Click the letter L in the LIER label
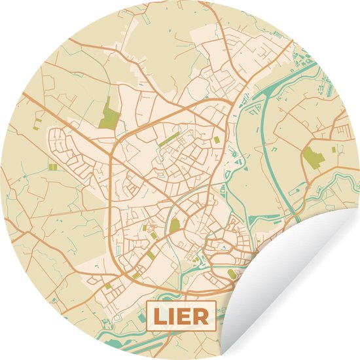coord(159,317)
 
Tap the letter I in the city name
coord(171,317)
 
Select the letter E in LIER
coord(185,317)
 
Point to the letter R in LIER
coord(200,317)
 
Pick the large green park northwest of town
coord(110,116)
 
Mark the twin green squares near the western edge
coord(52,167)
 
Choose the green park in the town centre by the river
coord(175,225)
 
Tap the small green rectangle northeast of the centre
coord(217,139)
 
